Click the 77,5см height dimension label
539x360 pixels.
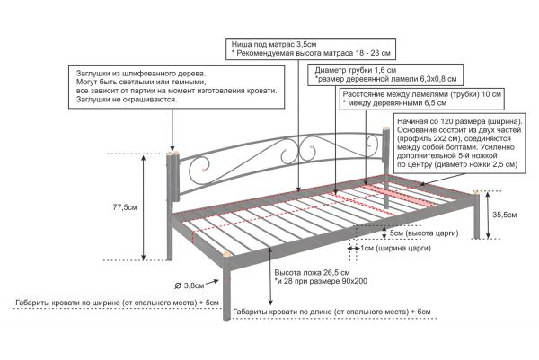tap(125, 207)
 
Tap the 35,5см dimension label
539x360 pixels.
tap(505, 215)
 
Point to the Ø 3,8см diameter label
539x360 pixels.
tap(190, 285)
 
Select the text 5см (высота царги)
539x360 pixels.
tap(424, 233)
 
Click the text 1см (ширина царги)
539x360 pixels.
tap(395, 248)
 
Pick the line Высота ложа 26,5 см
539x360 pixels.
tap(312, 273)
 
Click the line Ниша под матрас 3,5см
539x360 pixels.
tap(274, 44)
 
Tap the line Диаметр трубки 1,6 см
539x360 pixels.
tap(356, 70)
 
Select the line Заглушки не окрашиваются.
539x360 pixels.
tap(127, 100)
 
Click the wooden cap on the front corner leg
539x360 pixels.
tap(226, 255)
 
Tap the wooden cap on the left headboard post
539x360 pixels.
tap(172, 154)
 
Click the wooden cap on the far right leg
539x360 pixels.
tap(476, 193)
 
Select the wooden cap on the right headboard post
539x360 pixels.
tap(386, 128)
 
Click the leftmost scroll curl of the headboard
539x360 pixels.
tap(199, 166)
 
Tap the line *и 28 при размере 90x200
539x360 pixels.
tap(321, 281)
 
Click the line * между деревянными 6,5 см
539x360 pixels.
tap(394, 103)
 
